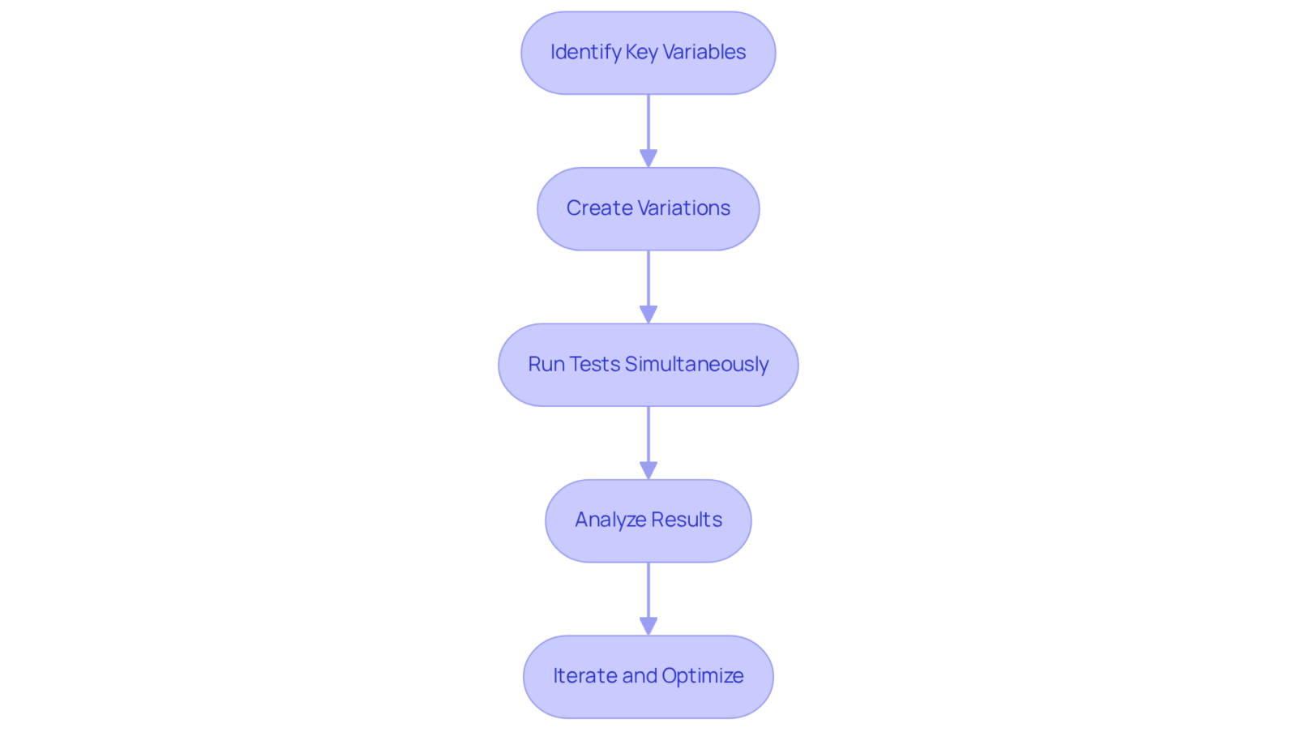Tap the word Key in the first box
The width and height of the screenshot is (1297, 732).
642,53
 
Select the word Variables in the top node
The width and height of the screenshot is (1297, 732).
704,52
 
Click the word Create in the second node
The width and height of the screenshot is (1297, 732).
598,208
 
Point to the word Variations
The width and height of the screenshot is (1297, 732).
683,208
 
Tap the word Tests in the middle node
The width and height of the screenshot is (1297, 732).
595,364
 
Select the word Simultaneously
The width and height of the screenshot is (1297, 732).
697,365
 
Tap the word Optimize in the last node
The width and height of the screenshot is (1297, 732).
703,676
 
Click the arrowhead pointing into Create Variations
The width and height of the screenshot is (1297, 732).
648,159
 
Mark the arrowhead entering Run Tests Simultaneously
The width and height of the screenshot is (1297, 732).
648,315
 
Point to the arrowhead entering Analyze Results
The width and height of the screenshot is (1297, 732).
648,470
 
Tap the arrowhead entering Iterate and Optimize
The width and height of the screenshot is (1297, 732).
648,626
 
